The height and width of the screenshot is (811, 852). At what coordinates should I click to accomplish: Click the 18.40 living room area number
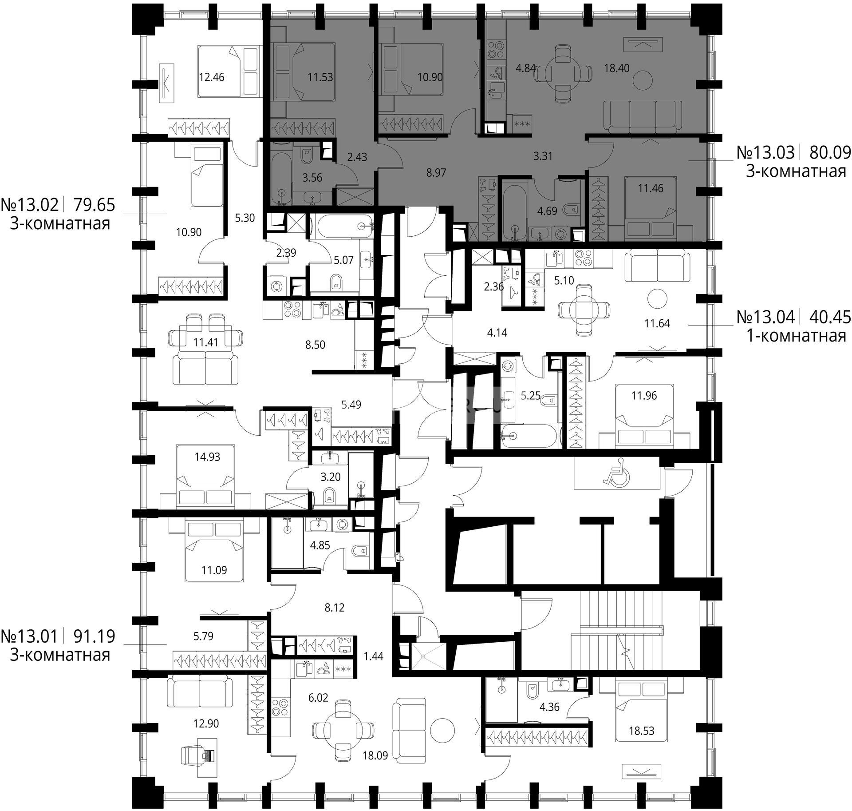coord(617,68)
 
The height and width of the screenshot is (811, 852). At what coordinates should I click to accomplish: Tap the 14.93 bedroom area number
coord(207,457)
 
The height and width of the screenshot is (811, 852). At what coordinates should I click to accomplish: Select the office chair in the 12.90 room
coord(198,755)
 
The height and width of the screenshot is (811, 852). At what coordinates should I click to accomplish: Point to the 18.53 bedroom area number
coord(642,731)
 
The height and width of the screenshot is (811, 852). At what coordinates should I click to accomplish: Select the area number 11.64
coord(657,323)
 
